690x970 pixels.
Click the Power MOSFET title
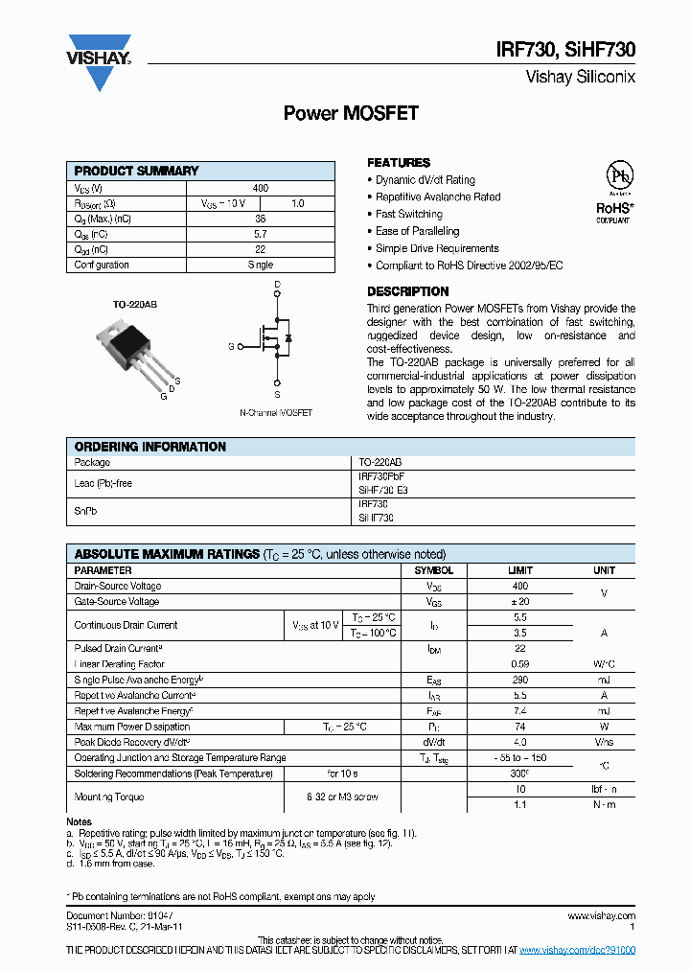tap(351, 114)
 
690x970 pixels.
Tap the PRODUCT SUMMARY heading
tap(136, 171)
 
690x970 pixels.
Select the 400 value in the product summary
tap(261, 189)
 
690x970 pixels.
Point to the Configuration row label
tap(102, 265)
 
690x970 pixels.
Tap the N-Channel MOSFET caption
tap(276, 413)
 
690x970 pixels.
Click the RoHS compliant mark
tap(615, 212)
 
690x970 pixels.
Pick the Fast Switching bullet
tap(408, 214)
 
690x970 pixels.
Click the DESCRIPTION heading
tap(407, 291)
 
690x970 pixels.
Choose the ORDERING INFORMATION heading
tap(150, 447)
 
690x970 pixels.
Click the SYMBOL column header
tap(433, 570)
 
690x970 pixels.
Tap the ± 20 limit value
tap(518, 601)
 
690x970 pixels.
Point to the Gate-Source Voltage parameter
tap(117, 601)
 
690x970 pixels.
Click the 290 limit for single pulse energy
tap(518, 680)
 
